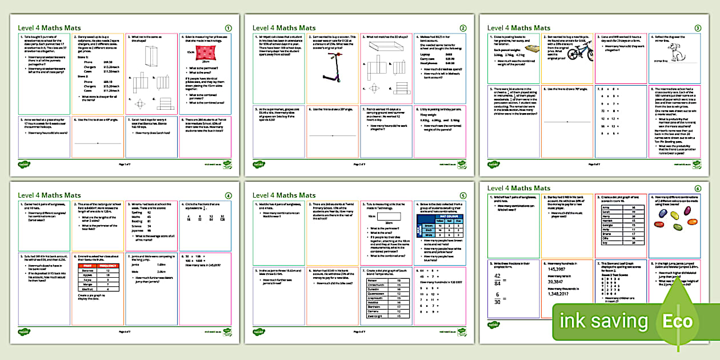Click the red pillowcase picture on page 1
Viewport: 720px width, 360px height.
pos(205,54)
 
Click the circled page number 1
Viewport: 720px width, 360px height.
pos(229,27)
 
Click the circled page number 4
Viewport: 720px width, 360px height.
pos(229,195)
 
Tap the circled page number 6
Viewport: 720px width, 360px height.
pos(697,189)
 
